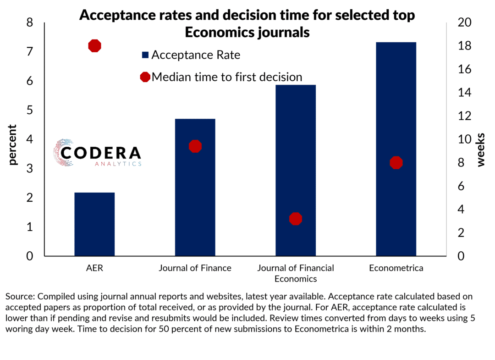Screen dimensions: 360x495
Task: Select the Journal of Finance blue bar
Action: (195, 193)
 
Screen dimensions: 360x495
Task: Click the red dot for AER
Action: (94, 46)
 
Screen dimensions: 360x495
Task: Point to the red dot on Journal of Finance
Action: (195, 146)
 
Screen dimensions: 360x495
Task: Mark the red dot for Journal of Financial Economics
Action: (296, 219)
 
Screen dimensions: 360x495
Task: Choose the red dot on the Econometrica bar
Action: (396, 163)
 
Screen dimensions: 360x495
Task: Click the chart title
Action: (247, 24)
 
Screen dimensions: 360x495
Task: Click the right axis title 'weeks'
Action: (481, 150)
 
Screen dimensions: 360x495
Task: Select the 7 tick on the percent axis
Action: (30, 51)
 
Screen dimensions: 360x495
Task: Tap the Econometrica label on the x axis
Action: (396, 268)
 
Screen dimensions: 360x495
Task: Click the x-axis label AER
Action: (94, 268)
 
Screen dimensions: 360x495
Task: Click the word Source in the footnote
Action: (18, 297)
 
